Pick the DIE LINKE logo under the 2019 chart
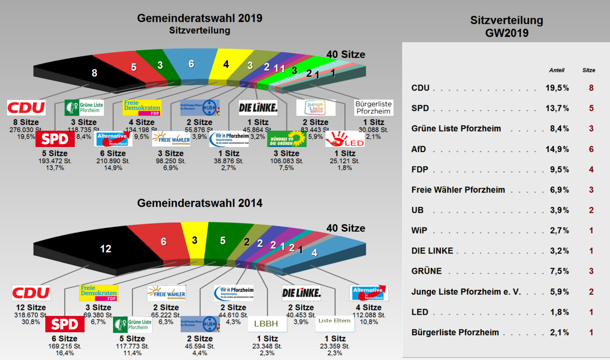[x=258, y=108]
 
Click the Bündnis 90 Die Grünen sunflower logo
[x=286, y=139]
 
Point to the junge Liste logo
[x=315, y=108]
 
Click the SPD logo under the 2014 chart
[x=65, y=324]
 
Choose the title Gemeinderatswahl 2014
[x=200, y=203]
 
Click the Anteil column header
[x=557, y=70]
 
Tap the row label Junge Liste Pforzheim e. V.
[x=466, y=292]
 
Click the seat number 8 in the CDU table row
[x=591, y=88]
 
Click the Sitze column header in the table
[x=589, y=70]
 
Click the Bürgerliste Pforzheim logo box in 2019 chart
[x=374, y=108]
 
